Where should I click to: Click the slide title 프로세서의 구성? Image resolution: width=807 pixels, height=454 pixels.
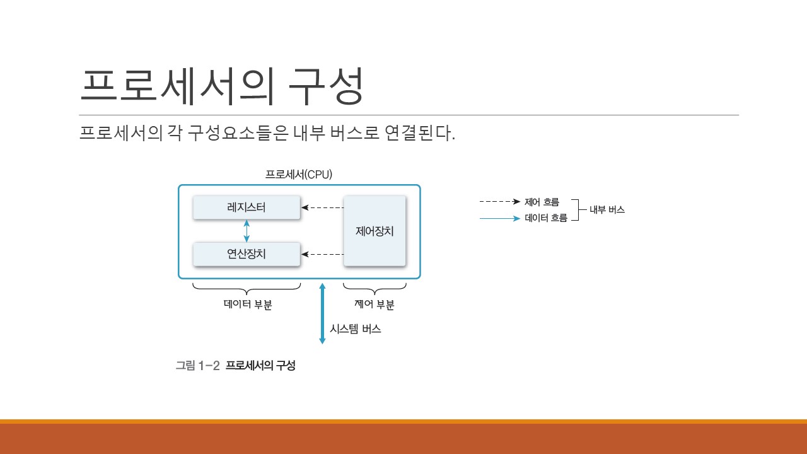(222, 86)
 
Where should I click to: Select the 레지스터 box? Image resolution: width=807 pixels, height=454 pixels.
(247, 207)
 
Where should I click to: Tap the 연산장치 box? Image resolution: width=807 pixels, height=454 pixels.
(247, 254)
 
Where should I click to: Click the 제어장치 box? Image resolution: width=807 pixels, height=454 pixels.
(374, 231)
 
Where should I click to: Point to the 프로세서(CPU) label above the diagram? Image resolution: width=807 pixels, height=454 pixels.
(298, 174)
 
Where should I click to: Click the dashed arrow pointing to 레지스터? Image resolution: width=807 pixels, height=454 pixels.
(322, 207)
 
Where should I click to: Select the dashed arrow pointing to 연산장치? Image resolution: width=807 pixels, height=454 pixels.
(322, 255)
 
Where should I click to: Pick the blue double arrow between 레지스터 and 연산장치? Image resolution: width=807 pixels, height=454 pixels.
(247, 231)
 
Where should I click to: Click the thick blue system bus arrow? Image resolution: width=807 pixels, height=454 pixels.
(322, 313)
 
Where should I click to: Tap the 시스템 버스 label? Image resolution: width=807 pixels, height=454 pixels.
(355, 329)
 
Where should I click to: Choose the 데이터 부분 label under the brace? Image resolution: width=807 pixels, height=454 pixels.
(248, 305)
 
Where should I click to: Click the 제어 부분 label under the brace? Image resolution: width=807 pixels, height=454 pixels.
(374, 305)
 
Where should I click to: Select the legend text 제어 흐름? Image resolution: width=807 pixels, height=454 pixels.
(542, 202)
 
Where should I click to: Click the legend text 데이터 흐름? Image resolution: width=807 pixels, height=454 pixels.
(546, 219)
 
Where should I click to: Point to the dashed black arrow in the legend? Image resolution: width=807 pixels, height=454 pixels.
(499, 202)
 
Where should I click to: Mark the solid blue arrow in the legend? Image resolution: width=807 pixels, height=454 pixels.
(499, 219)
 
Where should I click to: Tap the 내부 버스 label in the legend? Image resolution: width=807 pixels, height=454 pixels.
(607, 210)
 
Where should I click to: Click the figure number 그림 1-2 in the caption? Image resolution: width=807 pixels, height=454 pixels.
(197, 365)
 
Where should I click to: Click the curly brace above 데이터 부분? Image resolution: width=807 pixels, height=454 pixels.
(247, 289)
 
